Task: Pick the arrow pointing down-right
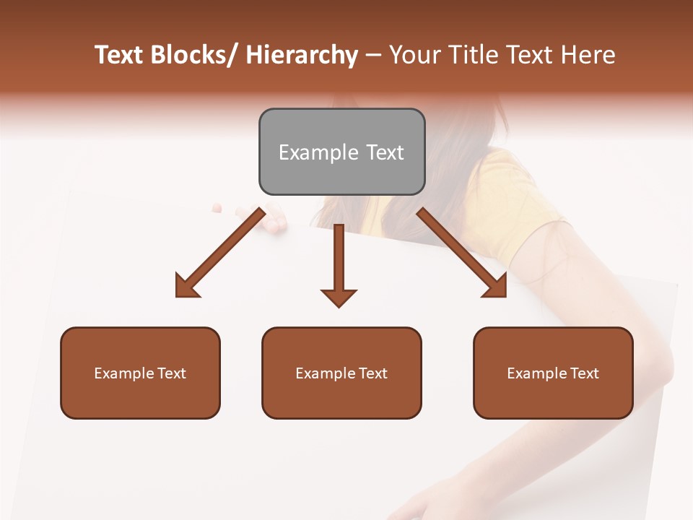tap(462, 253)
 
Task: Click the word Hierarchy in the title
tap(302, 55)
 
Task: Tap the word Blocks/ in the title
tap(191, 55)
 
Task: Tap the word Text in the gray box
tap(385, 152)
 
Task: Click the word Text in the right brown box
tap(584, 373)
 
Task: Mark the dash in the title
tap(373, 55)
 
